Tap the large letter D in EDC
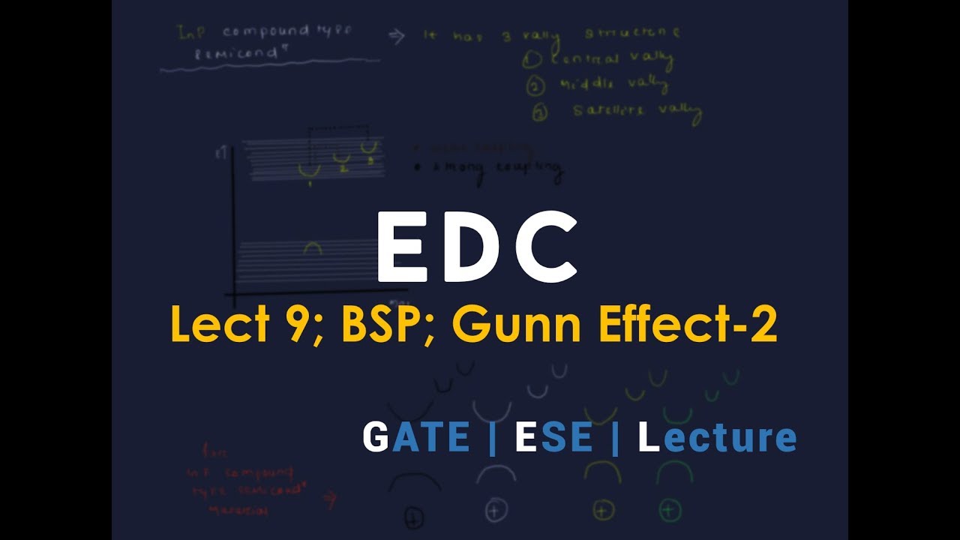(x=472, y=246)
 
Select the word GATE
(x=415, y=438)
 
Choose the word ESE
(x=553, y=438)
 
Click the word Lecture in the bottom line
(x=716, y=438)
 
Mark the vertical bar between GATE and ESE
(x=492, y=438)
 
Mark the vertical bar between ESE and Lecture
(x=615, y=438)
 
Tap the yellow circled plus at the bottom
(x=604, y=510)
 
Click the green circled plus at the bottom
(x=669, y=510)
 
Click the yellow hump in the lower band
(x=311, y=247)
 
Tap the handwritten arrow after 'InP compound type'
(x=398, y=37)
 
